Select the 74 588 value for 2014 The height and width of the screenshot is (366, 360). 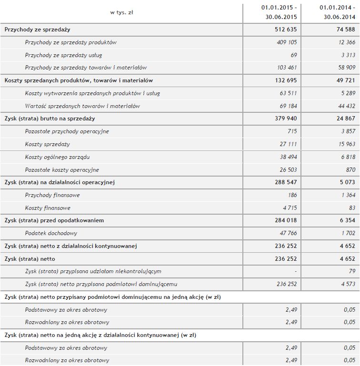click(342, 30)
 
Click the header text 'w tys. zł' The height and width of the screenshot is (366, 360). click(121, 12)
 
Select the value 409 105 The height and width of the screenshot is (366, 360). click(287, 42)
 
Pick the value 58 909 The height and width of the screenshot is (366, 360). click(343, 68)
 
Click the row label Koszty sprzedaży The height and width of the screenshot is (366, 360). click(47, 144)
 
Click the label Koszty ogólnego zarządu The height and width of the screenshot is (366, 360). click(57, 157)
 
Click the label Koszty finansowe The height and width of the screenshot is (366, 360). click(48, 208)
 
